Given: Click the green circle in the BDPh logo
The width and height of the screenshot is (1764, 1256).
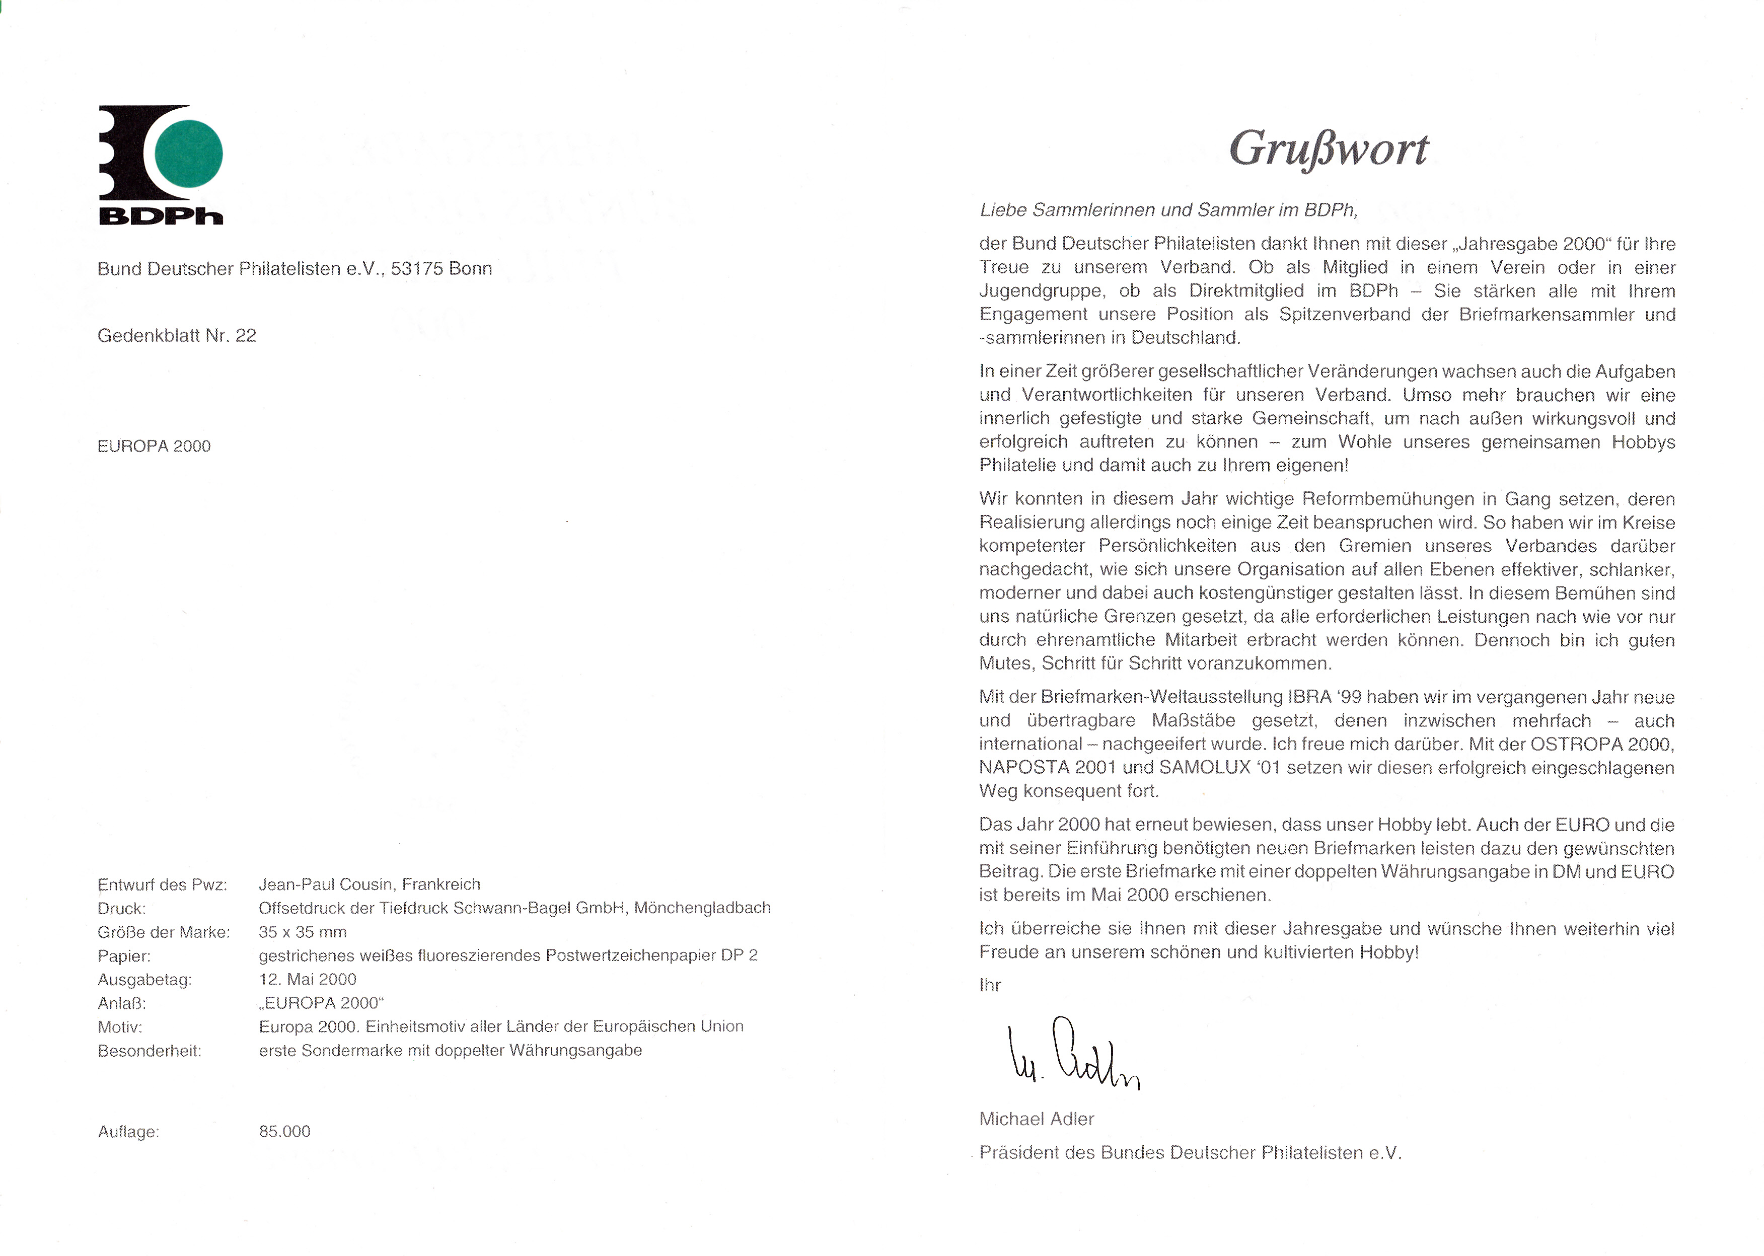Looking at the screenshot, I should point(189,153).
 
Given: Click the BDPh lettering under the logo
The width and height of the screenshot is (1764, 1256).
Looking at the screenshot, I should point(161,216).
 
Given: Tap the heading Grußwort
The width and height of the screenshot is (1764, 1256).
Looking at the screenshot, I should point(1328,149).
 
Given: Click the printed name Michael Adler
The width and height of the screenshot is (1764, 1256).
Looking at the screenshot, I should point(1036,1119).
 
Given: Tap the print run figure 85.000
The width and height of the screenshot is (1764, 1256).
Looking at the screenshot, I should point(284,1132).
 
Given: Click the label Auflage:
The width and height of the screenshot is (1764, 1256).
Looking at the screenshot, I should point(128,1132).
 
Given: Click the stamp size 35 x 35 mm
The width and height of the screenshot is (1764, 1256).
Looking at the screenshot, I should point(303,932).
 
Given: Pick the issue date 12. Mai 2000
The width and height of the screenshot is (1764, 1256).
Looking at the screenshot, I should point(308,979).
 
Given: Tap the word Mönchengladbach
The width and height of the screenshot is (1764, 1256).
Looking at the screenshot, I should point(702,908).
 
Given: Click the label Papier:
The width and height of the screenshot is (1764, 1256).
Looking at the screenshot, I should point(124,956).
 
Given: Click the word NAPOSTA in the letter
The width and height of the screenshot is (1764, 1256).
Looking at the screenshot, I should point(1023,768).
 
